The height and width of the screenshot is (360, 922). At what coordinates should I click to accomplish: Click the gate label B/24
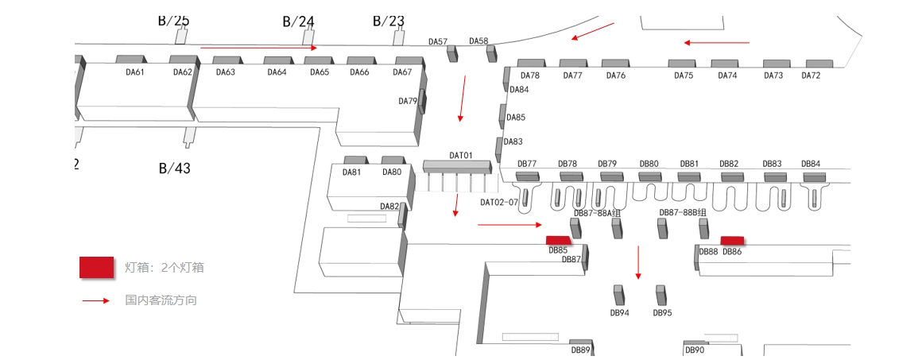pyautogui.click(x=298, y=21)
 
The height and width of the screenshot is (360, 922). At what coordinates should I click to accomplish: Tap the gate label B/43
pyautogui.click(x=174, y=168)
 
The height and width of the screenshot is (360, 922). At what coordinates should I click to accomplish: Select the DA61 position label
pyautogui.click(x=135, y=72)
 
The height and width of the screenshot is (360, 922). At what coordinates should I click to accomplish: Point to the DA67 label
pyautogui.click(x=402, y=72)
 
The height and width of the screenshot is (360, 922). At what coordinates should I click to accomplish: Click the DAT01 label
pyautogui.click(x=461, y=155)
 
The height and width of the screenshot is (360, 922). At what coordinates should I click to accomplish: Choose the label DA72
pyautogui.click(x=811, y=75)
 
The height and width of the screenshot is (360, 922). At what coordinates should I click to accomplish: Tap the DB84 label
pyautogui.click(x=811, y=164)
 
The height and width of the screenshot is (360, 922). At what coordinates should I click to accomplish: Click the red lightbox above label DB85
pyautogui.click(x=558, y=240)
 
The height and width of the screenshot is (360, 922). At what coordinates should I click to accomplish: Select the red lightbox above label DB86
pyautogui.click(x=732, y=240)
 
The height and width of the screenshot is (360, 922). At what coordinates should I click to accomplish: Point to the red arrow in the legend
pyautogui.click(x=96, y=301)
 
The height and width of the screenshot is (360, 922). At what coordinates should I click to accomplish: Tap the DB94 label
pyautogui.click(x=619, y=313)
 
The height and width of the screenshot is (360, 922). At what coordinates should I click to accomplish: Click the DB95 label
pyautogui.click(x=662, y=313)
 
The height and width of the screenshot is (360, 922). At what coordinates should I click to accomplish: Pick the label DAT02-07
pyautogui.click(x=499, y=203)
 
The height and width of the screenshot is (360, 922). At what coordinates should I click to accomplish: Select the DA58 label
pyautogui.click(x=478, y=41)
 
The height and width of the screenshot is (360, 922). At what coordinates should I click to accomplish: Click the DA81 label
pyautogui.click(x=351, y=172)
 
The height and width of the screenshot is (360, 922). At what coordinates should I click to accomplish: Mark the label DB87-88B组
pyautogui.click(x=683, y=213)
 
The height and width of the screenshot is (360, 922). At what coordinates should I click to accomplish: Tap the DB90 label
pyautogui.click(x=694, y=350)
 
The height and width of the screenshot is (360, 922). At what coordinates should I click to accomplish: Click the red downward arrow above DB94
pyautogui.click(x=638, y=262)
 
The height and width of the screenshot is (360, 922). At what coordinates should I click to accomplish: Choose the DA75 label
pyautogui.click(x=684, y=75)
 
